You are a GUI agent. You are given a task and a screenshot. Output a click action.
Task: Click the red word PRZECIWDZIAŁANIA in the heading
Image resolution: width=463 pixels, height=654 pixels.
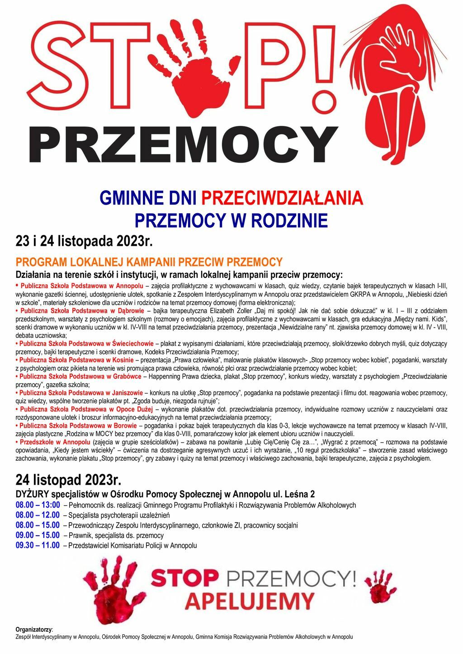click(282, 198)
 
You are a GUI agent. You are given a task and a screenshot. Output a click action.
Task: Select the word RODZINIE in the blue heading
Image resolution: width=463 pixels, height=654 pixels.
click(289, 220)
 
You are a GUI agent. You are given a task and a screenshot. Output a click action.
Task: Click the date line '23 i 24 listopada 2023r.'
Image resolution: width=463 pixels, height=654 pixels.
click(84, 241)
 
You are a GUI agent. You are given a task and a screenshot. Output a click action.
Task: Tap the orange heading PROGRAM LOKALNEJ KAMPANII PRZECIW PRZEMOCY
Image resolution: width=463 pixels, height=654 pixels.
click(149, 262)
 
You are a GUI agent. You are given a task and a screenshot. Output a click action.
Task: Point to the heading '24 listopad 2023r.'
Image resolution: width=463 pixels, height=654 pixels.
click(68, 479)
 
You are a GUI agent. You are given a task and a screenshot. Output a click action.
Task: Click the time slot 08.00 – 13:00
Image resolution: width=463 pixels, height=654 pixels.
click(38, 505)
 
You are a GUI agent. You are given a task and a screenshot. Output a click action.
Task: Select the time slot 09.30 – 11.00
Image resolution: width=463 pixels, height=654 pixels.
click(38, 545)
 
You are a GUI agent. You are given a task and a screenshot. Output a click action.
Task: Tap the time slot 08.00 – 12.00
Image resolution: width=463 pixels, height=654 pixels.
click(38, 515)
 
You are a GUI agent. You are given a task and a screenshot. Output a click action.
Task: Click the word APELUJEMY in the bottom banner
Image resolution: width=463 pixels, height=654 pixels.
click(250, 601)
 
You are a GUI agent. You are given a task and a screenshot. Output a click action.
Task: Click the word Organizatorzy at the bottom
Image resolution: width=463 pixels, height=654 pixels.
click(34, 629)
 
